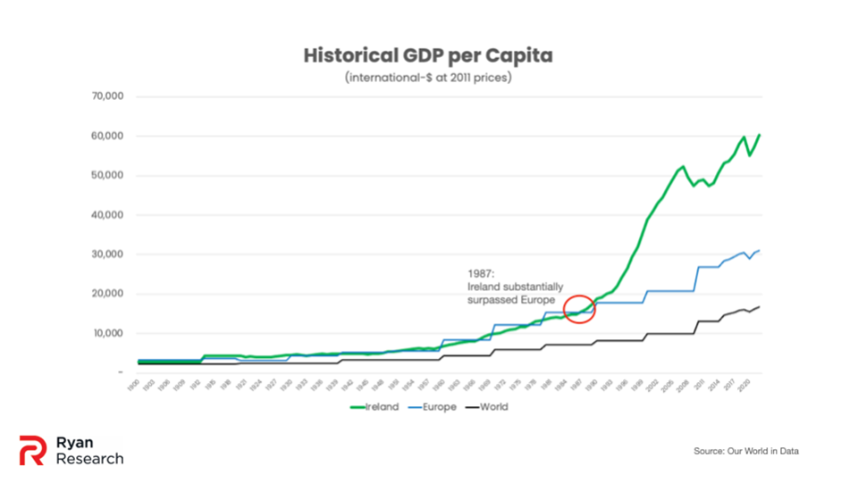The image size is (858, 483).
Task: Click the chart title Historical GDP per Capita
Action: click(x=428, y=55)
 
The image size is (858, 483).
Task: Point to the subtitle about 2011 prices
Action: click(x=428, y=78)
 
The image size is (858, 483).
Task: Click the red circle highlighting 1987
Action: click(x=580, y=308)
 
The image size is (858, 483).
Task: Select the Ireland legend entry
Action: click(x=374, y=407)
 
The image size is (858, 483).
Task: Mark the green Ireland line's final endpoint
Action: click(x=760, y=135)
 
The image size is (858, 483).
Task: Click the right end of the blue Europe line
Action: click(x=760, y=251)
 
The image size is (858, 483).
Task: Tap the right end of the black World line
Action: click(x=760, y=307)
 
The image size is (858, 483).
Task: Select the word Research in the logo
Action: click(x=89, y=459)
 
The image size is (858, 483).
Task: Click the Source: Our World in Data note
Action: click(x=745, y=451)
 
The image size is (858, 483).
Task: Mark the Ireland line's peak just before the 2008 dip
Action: click(x=684, y=166)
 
